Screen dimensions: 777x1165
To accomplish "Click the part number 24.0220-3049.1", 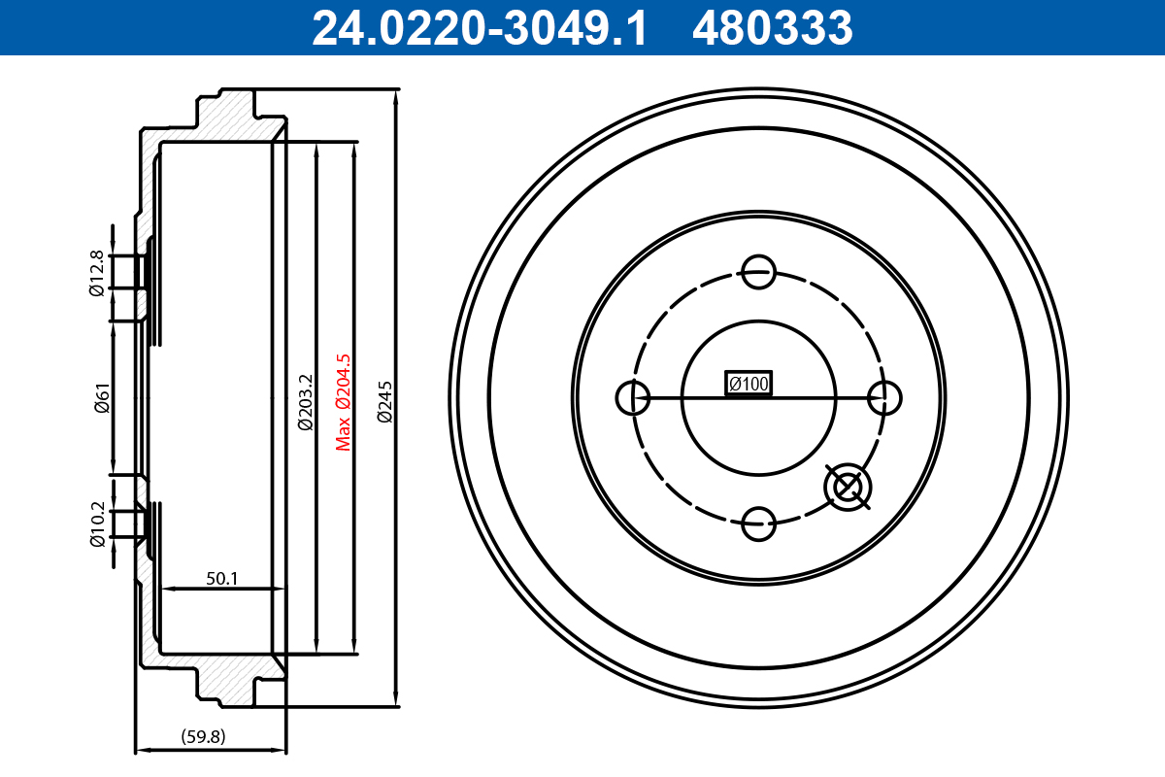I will (x=479, y=28).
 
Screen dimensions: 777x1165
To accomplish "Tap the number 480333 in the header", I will (x=772, y=28).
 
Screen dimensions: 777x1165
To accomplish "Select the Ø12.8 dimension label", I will (x=97, y=273).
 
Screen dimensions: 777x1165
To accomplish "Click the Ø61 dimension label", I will (x=101, y=399).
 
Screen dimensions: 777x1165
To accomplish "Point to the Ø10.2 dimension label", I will (x=97, y=524).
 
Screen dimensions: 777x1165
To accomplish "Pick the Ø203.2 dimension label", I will (x=304, y=401).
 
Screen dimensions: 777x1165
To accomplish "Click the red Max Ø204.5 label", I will (x=342, y=401).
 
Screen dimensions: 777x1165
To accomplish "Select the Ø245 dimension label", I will (x=384, y=401).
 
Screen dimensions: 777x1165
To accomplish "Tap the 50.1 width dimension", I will (x=222, y=579).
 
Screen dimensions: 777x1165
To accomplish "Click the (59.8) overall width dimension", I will (x=203, y=736).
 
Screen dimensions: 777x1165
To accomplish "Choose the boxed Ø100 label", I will (x=749, y=385).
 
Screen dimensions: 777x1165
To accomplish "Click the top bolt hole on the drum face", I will (x=758, y=271).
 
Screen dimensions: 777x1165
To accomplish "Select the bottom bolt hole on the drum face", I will (x=758, y=524).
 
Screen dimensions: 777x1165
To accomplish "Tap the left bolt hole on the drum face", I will (x=633, y=397).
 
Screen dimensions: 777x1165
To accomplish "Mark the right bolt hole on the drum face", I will (x=884, y=397).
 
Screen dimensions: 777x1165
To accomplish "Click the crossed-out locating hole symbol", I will (x=849, y=487).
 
